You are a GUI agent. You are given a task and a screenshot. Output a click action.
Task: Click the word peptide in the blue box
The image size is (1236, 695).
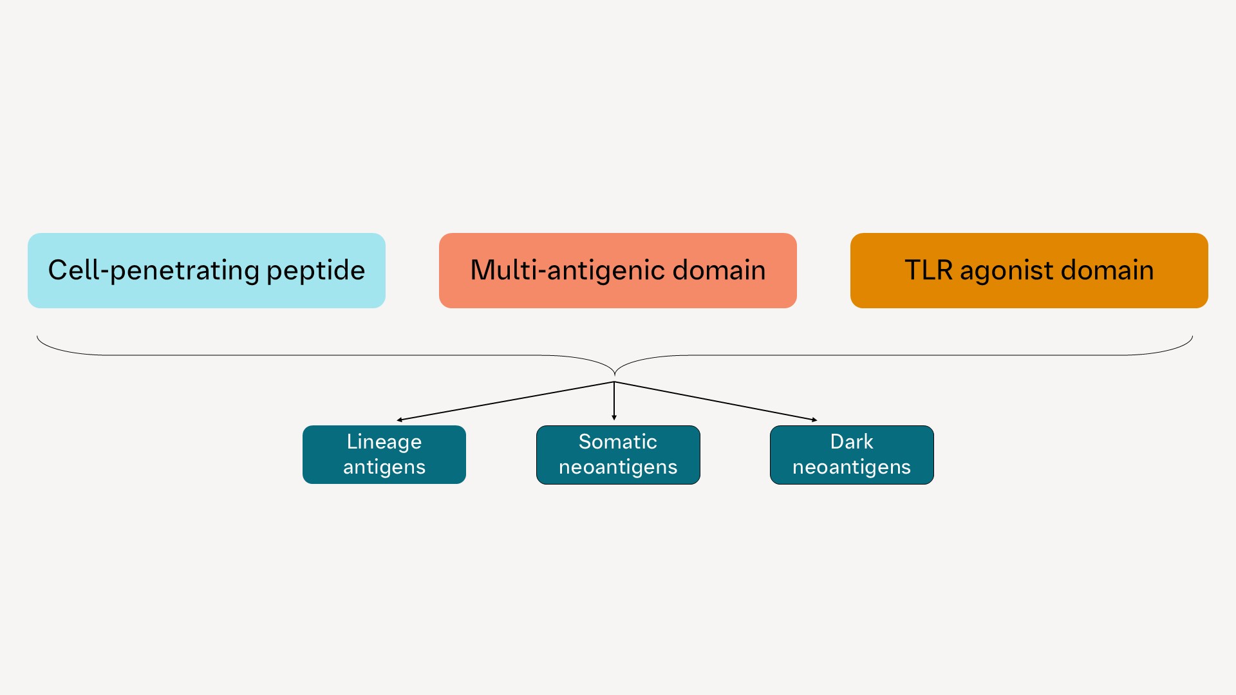tap(315, 270)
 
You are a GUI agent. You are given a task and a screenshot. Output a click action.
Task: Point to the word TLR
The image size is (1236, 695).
tap(928, 270)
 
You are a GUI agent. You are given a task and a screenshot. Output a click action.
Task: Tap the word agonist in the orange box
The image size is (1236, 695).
tap(1006, 270)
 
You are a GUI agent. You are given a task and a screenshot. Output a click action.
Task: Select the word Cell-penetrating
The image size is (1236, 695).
tap(153, 270)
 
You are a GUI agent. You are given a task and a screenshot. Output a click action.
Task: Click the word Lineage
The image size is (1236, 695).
tap(384, 441)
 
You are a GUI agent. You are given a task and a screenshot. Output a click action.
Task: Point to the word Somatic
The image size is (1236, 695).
tap(617, 441)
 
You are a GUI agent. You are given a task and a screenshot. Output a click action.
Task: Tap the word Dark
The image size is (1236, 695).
tap(851, 441)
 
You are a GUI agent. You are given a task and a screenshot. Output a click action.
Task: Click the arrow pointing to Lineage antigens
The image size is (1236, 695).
tap(505, 401)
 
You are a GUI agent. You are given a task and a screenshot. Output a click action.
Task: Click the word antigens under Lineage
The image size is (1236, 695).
tap(384, 467)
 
